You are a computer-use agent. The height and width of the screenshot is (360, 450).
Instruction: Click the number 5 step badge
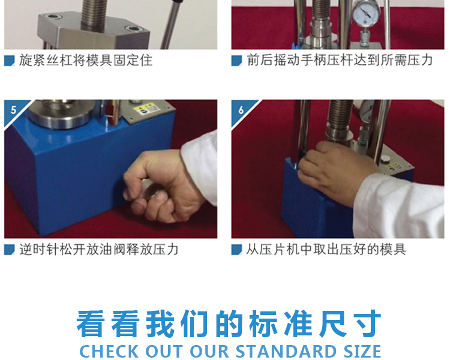[x=13, y=110]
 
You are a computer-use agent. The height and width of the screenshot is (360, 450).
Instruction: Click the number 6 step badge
[x=241, y=110]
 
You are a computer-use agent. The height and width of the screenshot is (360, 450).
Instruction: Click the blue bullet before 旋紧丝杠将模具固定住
[x=10, y=61]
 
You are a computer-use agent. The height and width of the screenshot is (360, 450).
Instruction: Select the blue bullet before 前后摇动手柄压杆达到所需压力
[x=237, y=61]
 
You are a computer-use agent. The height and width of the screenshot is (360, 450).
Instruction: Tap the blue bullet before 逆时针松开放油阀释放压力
[x=10, y=250]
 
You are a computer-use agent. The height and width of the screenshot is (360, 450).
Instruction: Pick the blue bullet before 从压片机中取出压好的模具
[x=237, y=250]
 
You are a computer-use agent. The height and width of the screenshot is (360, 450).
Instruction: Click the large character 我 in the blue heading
[x=160, y=323]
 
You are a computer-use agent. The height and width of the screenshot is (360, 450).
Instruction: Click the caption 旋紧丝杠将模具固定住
[x=86, y=61]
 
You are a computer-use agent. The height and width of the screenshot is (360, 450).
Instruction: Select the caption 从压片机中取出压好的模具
[x=326, y=250]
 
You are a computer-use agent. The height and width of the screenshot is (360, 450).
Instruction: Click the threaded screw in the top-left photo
[x=95, y=14]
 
